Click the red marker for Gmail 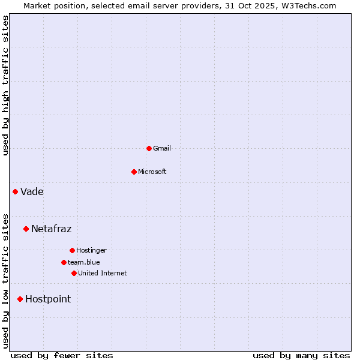click(149, 148)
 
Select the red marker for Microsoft click(134, 172)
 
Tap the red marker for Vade click(15, 191)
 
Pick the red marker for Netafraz click(26, 229)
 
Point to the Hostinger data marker click(72, 250)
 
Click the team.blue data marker click(64, 262)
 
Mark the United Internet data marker click(74, 273)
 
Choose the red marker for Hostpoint click(20, 299)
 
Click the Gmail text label click(162, 148)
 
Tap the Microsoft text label click(152, 172)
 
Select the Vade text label click(32, 192)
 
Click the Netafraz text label click(51, 229)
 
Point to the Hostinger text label click(91, 250)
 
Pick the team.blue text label click(84, 262)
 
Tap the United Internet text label click(103, 273)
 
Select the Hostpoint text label click(48, 299)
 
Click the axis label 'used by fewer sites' click(62, 355)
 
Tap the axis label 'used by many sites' click(301, 355)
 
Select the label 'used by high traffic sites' click(5, 85)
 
